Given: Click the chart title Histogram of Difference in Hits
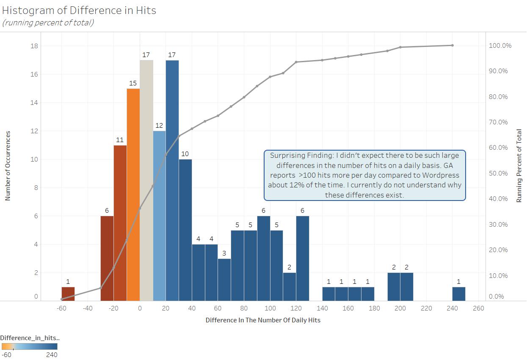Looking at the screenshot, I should click(x=79, y=10).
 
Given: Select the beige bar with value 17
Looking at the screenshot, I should click(x=146, y=180).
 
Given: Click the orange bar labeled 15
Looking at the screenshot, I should click(x=133, y=195).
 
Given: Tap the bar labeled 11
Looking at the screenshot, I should click(x=120, y=223).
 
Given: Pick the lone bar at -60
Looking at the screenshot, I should click(x=68, y=294).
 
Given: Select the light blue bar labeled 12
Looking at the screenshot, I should click(x=160, y=216).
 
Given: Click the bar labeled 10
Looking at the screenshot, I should click(x=185, y=230).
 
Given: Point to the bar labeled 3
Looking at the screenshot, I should click(x=224, y=280).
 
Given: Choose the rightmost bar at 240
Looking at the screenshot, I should click(x=459, y=294).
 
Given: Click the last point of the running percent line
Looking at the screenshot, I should click(x=453, y=45).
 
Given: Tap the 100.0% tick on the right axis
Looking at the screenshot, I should click(x=500, y=46).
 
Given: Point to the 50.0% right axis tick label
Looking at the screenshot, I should click(x=498, y=173).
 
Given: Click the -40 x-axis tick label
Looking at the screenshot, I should click(x=88, y=308).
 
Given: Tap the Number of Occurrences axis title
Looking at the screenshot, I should click(x=8, y=165).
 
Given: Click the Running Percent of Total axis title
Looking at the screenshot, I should click(x=519, y=166).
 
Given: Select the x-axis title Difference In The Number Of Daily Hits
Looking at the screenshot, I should click(x=263, y=320).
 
